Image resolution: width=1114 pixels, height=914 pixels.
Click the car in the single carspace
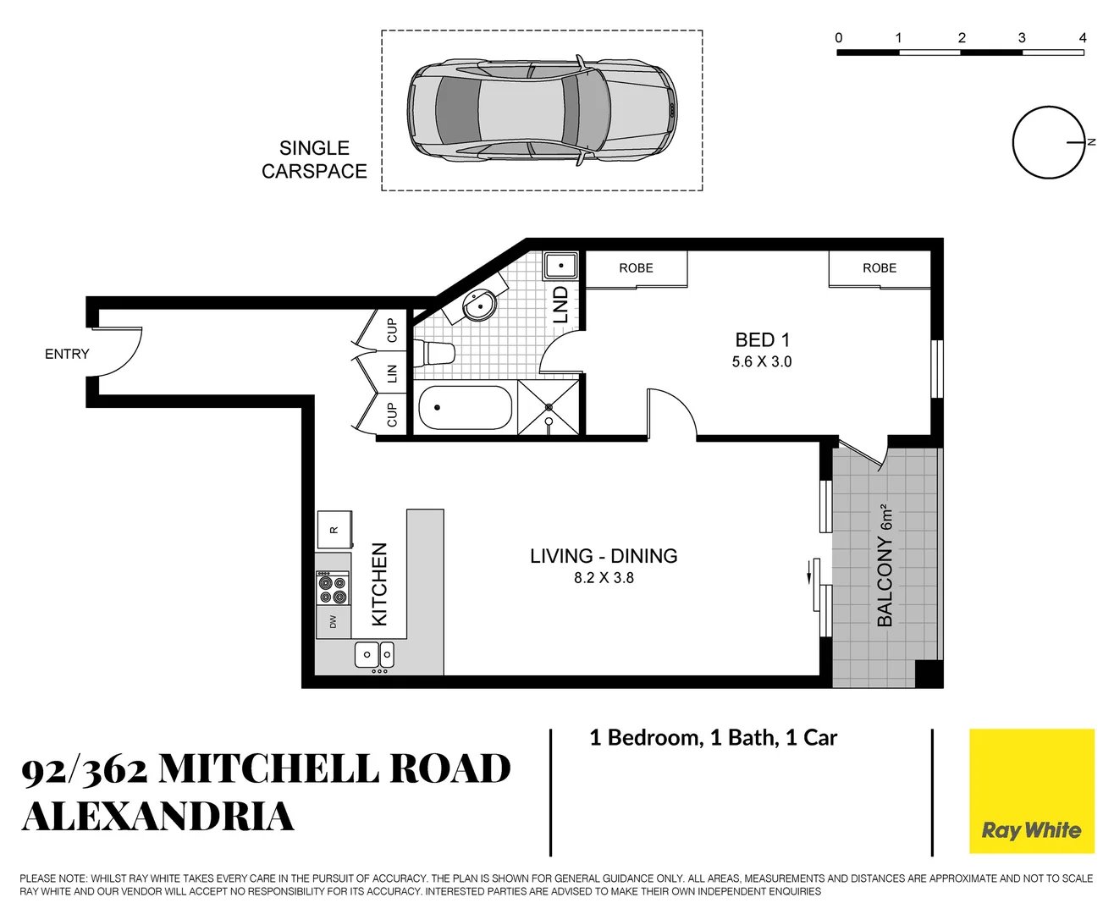(x=542, y=110)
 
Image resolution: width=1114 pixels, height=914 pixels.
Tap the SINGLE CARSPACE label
(x=314, y=159)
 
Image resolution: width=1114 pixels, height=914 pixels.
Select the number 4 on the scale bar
(x=1083, y=38)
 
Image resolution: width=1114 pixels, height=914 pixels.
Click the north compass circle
(x=1048, y=142)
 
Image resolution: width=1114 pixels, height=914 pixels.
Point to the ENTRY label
(x=67, y=354)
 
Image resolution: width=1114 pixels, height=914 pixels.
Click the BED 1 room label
(x=762, y=340)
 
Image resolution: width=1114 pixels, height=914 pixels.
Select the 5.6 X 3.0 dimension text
(x=762, y=362)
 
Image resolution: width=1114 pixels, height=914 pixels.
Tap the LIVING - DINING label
(x=604, y=556)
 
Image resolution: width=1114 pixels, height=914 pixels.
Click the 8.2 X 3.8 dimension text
(x=604, y=578)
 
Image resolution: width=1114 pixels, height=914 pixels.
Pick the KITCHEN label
(x=380, y=584)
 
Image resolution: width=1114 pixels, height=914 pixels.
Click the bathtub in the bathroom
(x=466, y=409)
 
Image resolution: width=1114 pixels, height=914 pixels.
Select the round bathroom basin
(x=480, y=306)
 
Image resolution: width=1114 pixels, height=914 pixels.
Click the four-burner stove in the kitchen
(x=333, y=588)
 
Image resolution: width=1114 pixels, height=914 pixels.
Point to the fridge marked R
(x=334, y=530)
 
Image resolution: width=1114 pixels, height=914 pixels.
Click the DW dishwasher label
(x=333, y=622)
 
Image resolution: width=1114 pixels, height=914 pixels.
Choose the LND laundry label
(x=560, y=305)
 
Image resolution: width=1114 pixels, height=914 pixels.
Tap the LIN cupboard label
(x=391, y=372)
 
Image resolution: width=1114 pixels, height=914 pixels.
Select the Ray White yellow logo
(x=1031, y=791)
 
